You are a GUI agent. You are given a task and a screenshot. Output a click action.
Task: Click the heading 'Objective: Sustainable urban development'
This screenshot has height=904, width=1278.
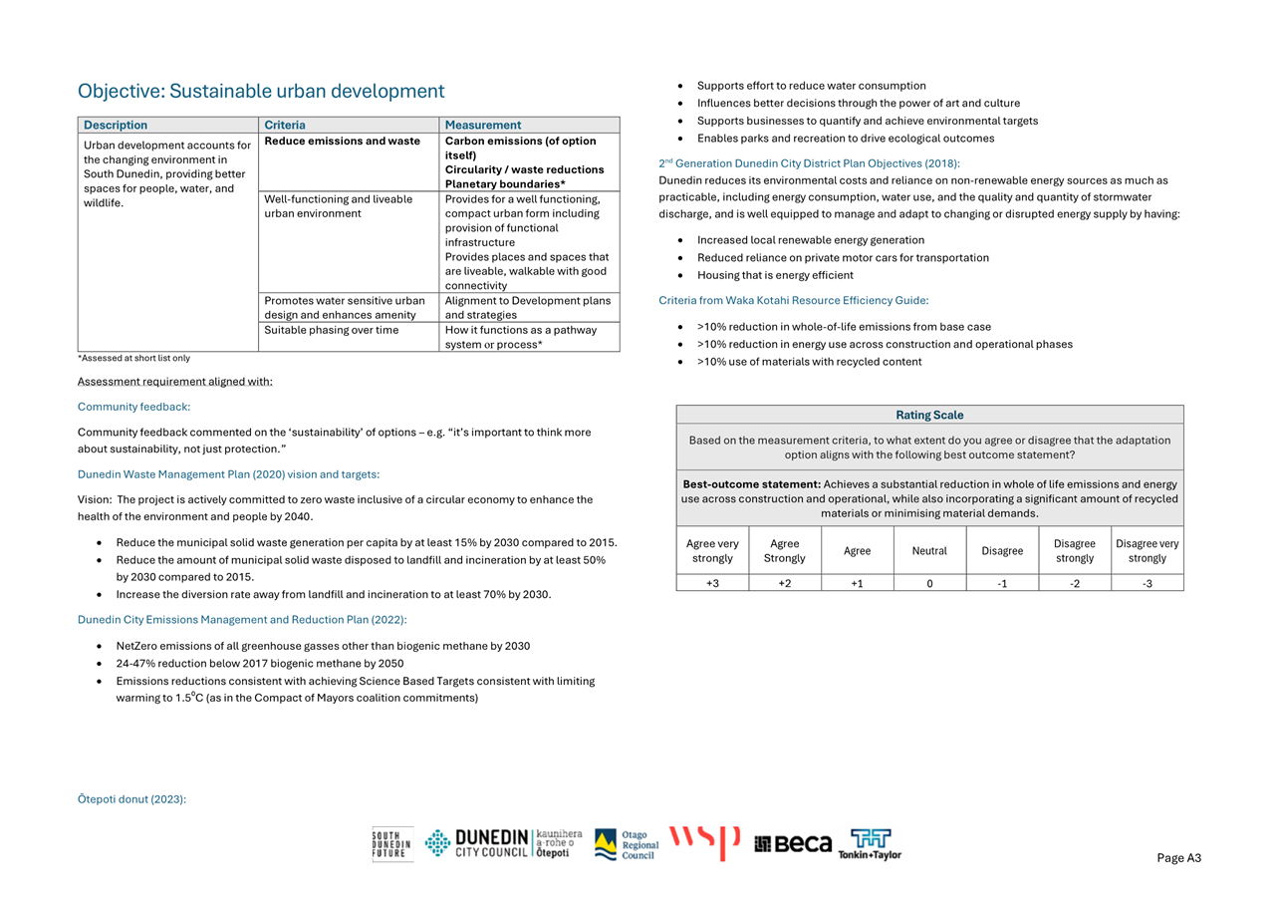pyautogui.click(x=261, y=92)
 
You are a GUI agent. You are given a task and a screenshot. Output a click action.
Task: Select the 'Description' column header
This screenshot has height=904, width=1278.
pyautogui.click(x=116, y=126)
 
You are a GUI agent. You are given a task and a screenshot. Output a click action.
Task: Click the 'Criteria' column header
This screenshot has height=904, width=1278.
pyautogui.click(x=285, y=126)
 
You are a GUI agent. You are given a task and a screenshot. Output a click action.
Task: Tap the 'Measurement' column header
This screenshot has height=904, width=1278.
pyautogui.click(x=483, y=126)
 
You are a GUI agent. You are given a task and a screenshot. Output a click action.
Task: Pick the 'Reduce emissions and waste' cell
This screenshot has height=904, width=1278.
pyautogui.click(x=342, y=142)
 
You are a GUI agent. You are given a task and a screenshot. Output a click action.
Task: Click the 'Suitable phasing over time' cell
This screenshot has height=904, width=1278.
pyautogui.click(x=332, y=330)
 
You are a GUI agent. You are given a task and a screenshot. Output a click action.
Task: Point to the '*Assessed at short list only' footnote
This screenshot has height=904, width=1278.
pyautogui.click(x=133, y=358)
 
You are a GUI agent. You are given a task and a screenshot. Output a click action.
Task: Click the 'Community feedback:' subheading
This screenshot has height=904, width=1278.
pyautogui.click(x=133, y=407)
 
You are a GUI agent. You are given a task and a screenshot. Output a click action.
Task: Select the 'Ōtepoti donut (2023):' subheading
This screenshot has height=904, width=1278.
pyautogui.click(x=131, y=798)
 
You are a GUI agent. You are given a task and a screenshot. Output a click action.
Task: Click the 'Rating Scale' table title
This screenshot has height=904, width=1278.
pyautogui.click(x=929, y=415)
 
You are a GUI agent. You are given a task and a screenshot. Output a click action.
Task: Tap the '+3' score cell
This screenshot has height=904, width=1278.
pyautogui.click(x=712, y=583)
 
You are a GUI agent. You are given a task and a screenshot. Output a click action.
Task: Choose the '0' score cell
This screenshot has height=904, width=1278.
pyautogui.click(x=929, y=583)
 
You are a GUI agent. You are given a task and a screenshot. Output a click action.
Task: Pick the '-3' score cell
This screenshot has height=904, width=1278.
pyautogui.click(x=1147, y=583)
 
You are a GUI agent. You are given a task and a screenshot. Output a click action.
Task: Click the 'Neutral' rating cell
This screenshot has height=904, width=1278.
pyautogui.click(x=929, y=551)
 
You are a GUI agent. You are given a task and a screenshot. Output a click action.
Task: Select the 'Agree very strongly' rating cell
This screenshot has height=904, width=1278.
pyautogui.click(x=712, y=551)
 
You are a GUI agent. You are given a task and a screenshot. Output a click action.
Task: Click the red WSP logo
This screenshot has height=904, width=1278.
pyautogui.click(x=704, y=842)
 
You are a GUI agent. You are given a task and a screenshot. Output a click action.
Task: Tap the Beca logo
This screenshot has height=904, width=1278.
pyautogui.click(x=793, y=844)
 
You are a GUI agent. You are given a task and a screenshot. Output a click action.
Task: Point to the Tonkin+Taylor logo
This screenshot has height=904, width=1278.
pyautogui.click(x=870, y=844)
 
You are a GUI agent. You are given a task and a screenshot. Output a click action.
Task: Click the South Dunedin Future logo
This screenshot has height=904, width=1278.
pyautogui.click(x=391, y=844)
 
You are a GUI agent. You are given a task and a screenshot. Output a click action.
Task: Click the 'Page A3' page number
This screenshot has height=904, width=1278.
pyautogui.click(x=1178, y=858)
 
